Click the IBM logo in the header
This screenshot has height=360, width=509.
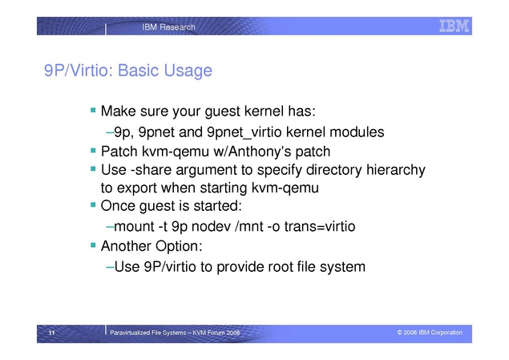coord(454,26)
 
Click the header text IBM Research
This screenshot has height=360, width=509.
coord(169,27)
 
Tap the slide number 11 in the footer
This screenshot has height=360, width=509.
coord(51,333)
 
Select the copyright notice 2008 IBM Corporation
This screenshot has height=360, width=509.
coord(430,333)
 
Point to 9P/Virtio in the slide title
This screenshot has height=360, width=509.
coord(79,71)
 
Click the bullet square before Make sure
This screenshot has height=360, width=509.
coord(94,110)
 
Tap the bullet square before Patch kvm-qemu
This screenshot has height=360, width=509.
coord(94,150)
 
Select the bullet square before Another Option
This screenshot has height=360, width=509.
coord(94,245)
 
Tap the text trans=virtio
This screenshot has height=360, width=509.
coord(320,227)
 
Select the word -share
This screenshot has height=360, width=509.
coord(151,170)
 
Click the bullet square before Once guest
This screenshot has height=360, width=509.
coord(94,204)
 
